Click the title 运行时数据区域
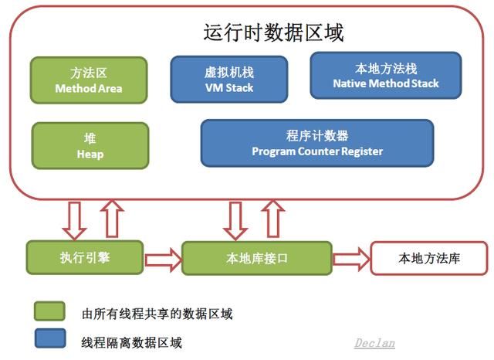click(273, 33)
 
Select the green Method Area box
click(89, 80)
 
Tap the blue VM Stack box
click(229, 79)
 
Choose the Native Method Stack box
click(385, 75)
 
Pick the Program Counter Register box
click(316, 143)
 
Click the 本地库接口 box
click(256, 258)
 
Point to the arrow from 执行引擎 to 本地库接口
click(163, 258)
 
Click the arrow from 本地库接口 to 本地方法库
click(350, 258)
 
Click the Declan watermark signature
click(375, 341)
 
